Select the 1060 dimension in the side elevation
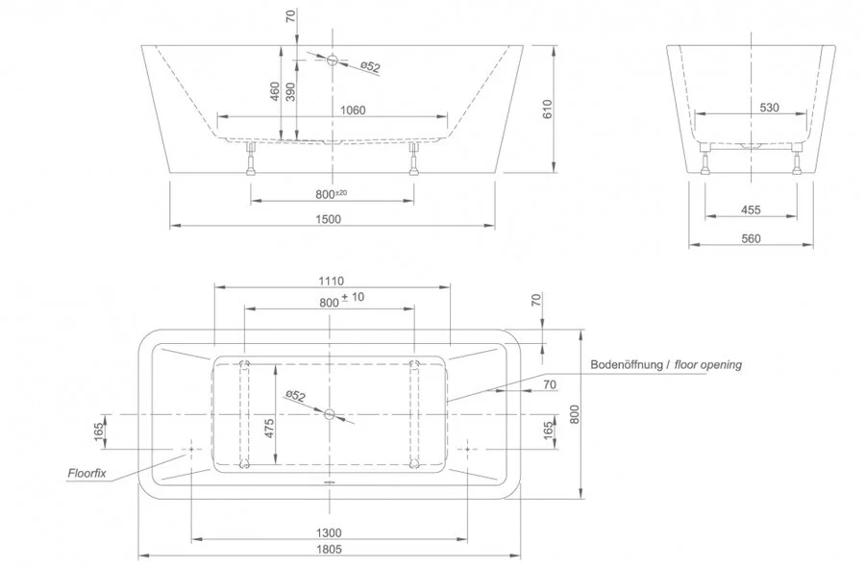click(353, 110)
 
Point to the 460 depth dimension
click(275, 91)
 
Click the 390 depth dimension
click(290, 91)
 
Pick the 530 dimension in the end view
click(769, 108)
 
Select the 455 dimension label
click(751, 210)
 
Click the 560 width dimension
click(751, 238)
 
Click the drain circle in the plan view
click(330, 415)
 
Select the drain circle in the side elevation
click(331, 60)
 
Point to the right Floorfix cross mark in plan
click(468, 449)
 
